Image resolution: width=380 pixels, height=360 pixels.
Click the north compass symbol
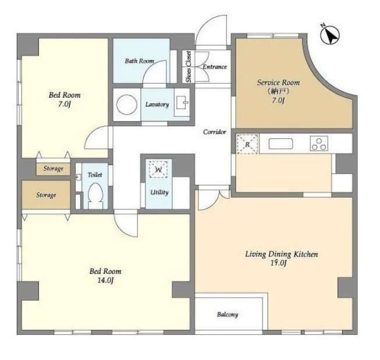point(329,35)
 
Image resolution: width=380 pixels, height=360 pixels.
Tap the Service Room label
point(278,83)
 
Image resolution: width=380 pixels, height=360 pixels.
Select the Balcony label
point(228,315)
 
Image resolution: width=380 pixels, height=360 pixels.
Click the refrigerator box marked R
point(247,144)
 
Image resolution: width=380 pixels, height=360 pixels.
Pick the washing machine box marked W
point(158,169)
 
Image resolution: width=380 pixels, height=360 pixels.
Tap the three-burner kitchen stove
point(319,144)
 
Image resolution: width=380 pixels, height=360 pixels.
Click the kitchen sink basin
point(280,144)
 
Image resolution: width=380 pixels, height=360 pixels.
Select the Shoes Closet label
point(189,66)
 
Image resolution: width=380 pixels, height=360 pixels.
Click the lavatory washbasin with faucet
point(182,103)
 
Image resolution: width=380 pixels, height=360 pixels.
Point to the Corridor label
point(215,132)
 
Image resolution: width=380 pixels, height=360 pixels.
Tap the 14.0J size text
point(105,280)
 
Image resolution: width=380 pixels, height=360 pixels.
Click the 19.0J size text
point(279,263)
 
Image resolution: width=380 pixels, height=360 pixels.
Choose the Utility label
point(159,193)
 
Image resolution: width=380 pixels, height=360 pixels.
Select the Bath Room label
point(139,61)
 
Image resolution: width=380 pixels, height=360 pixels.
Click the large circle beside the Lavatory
point(127,105)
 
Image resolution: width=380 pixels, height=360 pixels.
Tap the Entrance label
point(215,67)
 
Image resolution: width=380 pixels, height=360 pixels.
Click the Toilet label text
point(95,174)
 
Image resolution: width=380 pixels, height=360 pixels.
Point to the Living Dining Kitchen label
point(282,254)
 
